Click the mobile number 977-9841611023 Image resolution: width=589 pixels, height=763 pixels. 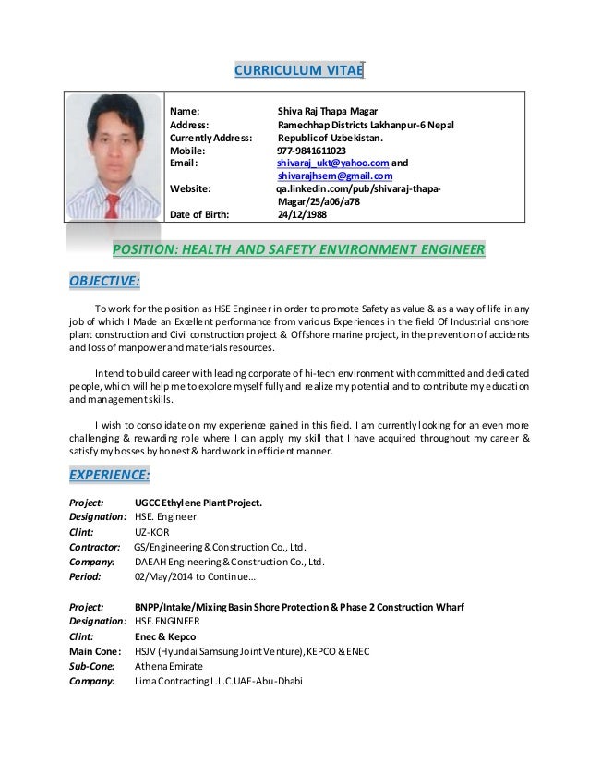click(312, 151)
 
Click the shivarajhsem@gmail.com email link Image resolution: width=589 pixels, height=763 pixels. click(335, 176)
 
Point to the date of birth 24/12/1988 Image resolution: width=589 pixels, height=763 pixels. click(302, 216)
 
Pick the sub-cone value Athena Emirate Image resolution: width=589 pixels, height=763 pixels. click(168, 665)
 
